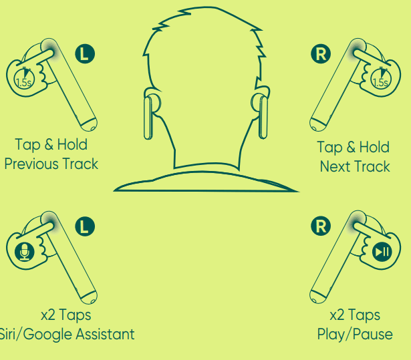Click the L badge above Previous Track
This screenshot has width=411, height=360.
tap(85, 53)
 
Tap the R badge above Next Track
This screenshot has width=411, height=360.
tap(321, 53)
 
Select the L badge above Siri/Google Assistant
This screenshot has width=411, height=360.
tap(85, 226)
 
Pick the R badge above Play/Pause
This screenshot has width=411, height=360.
tap(321, 226)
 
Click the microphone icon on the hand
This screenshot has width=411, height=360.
tap(24, 252)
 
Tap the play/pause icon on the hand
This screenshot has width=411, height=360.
tap(382, 252)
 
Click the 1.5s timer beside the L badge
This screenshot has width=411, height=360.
tap(24, 79)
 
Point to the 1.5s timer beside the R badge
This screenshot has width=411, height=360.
tap(381, 79)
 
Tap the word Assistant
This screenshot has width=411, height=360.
tap(106, 334)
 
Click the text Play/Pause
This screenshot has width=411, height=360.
tap(355, 335)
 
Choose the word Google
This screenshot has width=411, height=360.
tap(49, 335)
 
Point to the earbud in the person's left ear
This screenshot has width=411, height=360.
tap(149, 117)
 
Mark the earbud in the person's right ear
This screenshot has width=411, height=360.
tap(263, 117)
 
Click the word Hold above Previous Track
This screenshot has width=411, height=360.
tap(72, 144)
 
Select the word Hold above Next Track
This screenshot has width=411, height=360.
tap(374, 147)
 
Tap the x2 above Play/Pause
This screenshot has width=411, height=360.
tap(337, 315)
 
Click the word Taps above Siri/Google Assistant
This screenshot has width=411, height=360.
tap(75, 315)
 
